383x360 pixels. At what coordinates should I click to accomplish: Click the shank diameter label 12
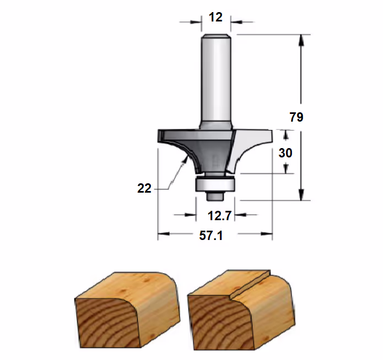215,17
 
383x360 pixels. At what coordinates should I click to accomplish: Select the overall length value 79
296,117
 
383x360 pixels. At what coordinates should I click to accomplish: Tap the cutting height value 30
285,153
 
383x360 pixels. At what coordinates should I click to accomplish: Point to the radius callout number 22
144,189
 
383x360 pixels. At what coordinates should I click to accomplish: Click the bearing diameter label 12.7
219,216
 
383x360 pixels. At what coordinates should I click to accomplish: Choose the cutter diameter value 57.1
211,236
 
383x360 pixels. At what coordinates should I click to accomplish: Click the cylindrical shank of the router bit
216,80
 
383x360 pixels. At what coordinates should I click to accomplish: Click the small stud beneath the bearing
215,196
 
